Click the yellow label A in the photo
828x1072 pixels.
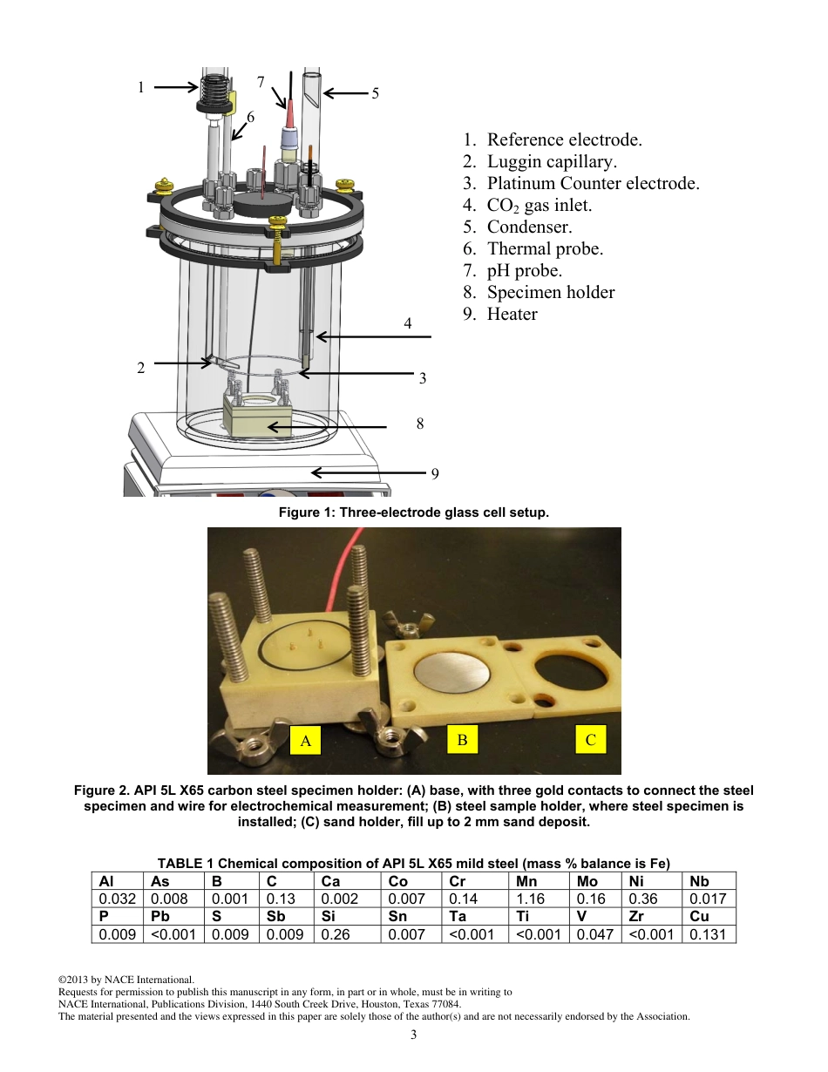pos(305,741)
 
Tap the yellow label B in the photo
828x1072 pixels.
pos(462,740)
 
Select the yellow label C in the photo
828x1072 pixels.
pos(590,740)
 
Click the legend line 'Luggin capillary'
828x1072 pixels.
pos(551,161)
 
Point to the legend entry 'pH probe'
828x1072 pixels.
pos(524,270)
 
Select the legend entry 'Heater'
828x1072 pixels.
pos(512,314)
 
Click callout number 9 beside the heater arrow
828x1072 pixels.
pos(435,474)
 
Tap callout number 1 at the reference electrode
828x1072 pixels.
pos(140,87)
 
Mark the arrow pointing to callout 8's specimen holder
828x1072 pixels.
pos(327,427)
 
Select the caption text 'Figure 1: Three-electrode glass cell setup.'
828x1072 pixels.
pos(413,512)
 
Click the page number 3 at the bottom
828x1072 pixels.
pos(414,1035)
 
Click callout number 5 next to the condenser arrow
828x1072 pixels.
pos(375,93)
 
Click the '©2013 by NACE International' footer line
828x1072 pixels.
pos(126,980)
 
